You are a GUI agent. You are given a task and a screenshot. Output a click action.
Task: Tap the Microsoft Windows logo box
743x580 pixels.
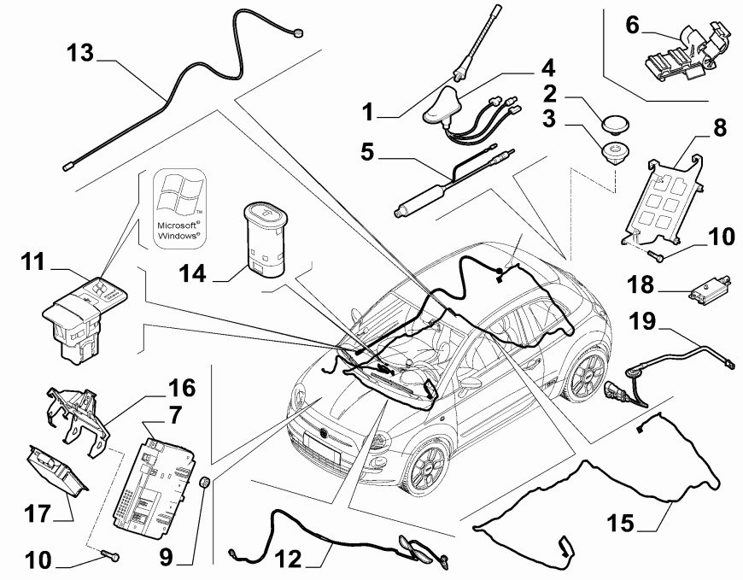click(x=178, y=207)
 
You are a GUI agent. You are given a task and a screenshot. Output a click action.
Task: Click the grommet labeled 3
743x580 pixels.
click(x=611, y=153)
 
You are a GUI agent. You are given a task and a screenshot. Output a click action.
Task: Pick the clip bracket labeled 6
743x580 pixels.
click(x=680, y=56)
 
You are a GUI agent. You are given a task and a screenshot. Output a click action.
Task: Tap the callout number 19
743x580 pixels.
click(x=644, y=321)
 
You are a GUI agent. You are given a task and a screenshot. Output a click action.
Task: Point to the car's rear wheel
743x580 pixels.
click(x=585, y=375)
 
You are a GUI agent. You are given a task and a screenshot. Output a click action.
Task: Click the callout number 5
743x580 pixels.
click(x=366, y=153)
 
